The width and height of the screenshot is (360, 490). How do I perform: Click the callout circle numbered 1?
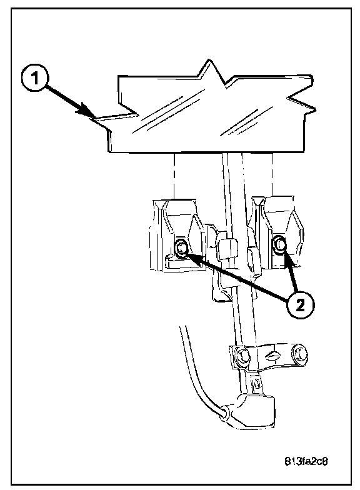tap(35, 78)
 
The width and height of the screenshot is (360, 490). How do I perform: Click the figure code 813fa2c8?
tap(306, 461)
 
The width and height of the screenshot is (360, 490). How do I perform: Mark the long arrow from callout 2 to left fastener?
tap(237, 277)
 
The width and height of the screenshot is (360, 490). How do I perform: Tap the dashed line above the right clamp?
tap(273, 175)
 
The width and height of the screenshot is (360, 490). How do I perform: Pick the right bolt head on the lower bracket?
tap(299, 354)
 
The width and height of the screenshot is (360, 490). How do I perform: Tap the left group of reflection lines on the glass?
tap(157, 113)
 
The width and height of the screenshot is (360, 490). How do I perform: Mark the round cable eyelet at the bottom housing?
tap(226, 411)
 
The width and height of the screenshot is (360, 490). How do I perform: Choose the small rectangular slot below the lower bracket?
tap(257, 384)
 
